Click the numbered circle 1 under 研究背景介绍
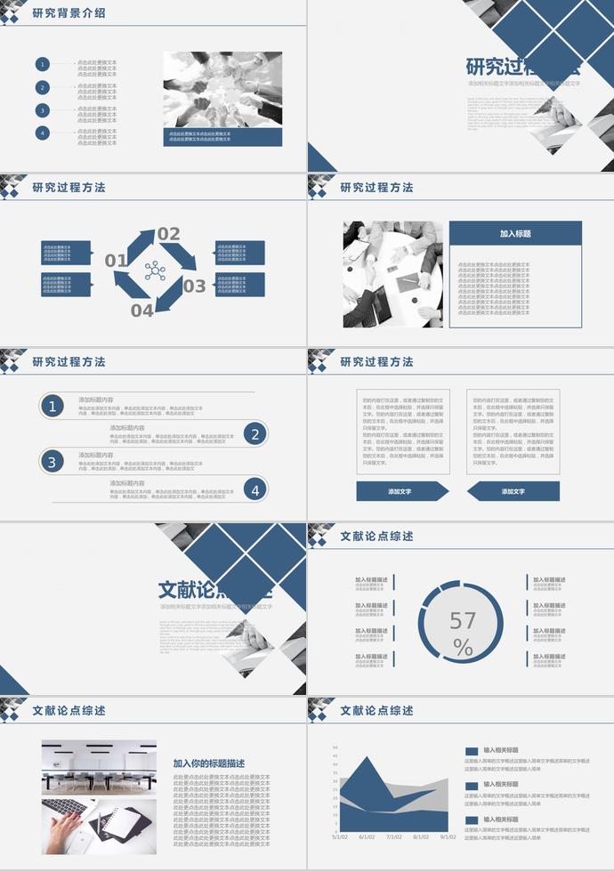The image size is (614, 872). tap(43, 64)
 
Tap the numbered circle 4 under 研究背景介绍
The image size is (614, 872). tap(43, 133)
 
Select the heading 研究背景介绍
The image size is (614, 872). tap(69, 13)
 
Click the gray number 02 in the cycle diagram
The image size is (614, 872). tap(168, 235)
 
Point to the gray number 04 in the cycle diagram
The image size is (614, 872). tap(142, 311)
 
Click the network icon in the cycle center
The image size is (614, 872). tap(155, 270)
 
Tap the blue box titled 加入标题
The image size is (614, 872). tap(515, 234)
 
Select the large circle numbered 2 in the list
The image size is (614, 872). tap(255, 434)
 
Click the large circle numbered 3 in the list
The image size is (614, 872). tap(52, 462)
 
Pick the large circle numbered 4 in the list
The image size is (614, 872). tap(255, 489)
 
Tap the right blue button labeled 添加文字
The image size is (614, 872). tap(513, 491)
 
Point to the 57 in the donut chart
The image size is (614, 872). tap(463, 620)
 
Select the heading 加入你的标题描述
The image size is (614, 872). tap(209, 763)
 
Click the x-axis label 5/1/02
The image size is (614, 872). tap(340, 837)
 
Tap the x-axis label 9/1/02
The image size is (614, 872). tap(448, 837)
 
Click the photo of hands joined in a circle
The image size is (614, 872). tap(222, 89)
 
